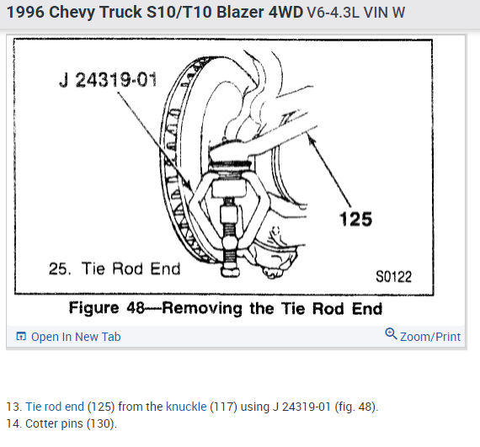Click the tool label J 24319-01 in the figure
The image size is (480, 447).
tap(108, 80)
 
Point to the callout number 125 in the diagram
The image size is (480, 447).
tap(355, 219)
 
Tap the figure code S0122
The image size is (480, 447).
tap(393, 277)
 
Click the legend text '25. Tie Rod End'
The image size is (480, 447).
tap(115, 269)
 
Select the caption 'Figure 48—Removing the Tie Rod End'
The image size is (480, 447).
tap(226, 308)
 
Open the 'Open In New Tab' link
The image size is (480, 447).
tap(76, 337)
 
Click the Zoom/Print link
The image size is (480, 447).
tap(430, 337)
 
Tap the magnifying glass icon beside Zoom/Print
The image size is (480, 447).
tap(391, 334)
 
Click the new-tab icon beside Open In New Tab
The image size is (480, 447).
tap(21, 336)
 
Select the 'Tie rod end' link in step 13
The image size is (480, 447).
tap(55, 407)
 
